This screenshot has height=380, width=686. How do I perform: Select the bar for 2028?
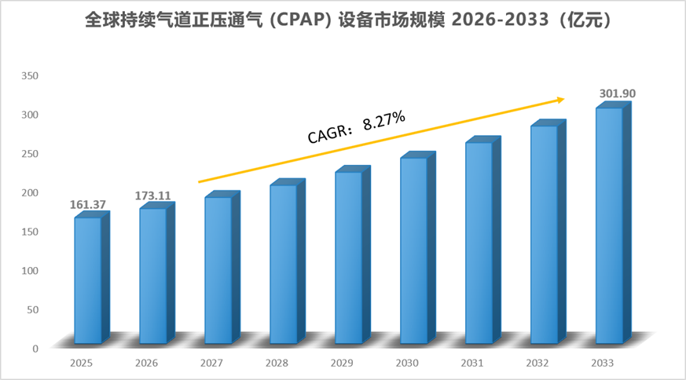pyautogui.click(x=288, y=261)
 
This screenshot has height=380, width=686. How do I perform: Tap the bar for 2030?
pyautogui.click(x=418, y=247)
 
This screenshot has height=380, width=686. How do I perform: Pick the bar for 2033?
pyautogui.click(x=614, y=222)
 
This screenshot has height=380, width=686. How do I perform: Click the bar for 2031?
pyautogui.click(x=483, y=240)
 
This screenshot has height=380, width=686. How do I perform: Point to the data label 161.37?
pyautogui.click(x=87, y=205)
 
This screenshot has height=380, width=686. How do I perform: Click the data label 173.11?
pyautogui.click(x=152, y=195)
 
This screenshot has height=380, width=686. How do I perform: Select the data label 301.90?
pyautogui.click(x=618, y=93)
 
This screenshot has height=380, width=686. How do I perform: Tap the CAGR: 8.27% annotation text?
pyautogui.click(x=357, y=127)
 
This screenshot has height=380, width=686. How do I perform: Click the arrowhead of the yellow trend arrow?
pyautogui.click(x=561, y=100)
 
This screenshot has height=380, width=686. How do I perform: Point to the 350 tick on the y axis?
pyautogui.click(x=30, y=75)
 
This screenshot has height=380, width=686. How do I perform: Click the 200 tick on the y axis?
pyautogui.click(x=30, y=192)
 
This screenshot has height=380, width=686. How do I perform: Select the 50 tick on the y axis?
pyautogui.click(x=32, y=309)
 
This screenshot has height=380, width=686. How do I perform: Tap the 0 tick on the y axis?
pyautogui.click(x=35, y=349)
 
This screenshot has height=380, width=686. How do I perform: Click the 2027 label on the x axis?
pyautogui.click(x=211, y=363)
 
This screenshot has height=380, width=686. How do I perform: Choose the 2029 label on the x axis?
pyautogui.click(x=342, y=363)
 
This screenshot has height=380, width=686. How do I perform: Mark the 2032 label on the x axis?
pyautogui.click(x=537, y=363)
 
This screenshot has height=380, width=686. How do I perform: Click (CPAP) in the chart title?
pyautogui.click(x=300, y=20)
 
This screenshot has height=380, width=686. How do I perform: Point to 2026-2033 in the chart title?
pyautogui.click(x=500, y=20)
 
